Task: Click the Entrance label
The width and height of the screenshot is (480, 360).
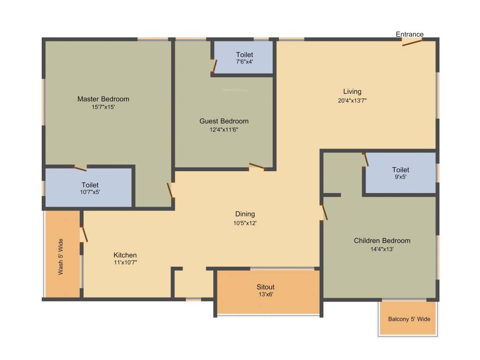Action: (x=409, y=34)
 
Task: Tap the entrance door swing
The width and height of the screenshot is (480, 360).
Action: (x=412, y=43)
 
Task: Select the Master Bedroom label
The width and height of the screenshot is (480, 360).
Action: (x=103, y=99)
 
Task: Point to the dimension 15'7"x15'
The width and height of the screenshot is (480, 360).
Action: (x=103, y=107)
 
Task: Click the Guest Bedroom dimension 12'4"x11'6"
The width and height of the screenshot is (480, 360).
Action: (x=224, y=129)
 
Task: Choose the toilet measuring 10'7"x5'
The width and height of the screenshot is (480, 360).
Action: (x=90, y=188)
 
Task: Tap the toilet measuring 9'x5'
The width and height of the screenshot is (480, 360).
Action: (x=400, y=173)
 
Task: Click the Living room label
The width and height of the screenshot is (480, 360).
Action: (x=352, y=91)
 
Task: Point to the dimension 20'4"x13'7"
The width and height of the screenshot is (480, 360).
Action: (x=352, y=100)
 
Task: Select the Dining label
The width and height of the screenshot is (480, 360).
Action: (x=245, y=214)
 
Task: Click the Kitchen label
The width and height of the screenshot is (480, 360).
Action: (x=125, y=255)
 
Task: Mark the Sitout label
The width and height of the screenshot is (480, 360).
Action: (x=265, y=287)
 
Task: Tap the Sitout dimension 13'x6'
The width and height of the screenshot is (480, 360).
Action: (x=265, y=295)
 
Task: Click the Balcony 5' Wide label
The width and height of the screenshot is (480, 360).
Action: (x=409, y=319)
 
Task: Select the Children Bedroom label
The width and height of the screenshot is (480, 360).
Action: (x=382, y=240)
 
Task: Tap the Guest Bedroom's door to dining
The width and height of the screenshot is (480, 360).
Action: (x=257, y=166)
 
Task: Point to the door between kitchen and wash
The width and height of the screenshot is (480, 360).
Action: (x=84, y=234)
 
